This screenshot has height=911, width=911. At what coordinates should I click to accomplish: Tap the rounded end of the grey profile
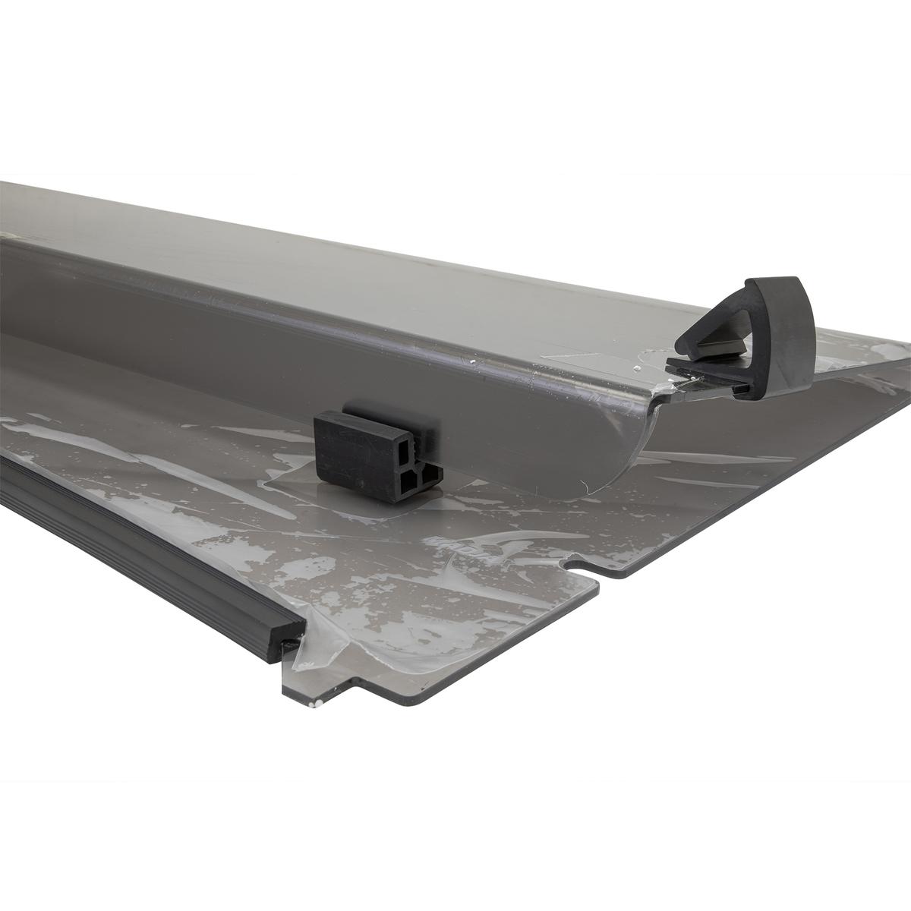tap(607, 448)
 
